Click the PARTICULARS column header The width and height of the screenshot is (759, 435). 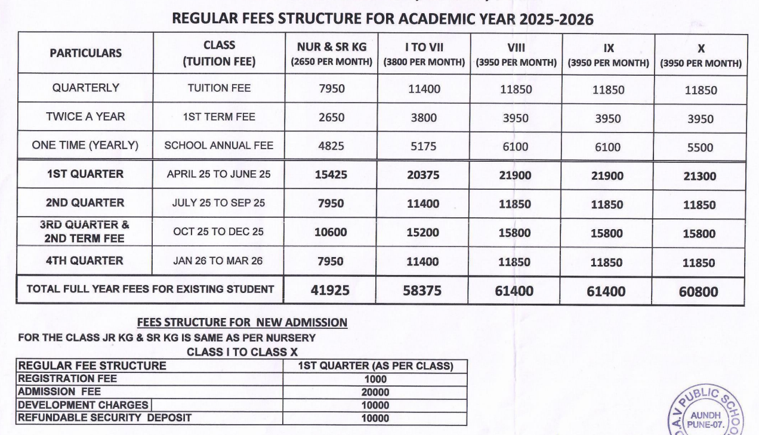pyautogui.click(x=85, y=53)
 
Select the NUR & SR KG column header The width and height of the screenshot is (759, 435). pyautogui.click(x=331, y=53)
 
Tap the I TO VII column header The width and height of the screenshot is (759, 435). pyautogui.click(x=424, y=53)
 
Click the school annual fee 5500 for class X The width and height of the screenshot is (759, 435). pyautogui.click(x=701, y=148)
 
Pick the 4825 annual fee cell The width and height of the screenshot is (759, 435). pyautogui.click(x=331, y=147)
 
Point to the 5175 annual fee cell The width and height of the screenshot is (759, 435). pyautogui.click(x=423, y=147)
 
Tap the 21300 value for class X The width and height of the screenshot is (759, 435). pyautogui.click(x=701, y=176)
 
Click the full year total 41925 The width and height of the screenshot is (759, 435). pyautogui.click(x=331, y=291)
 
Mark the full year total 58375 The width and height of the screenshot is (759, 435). pyautogui.click(x=422, y=291)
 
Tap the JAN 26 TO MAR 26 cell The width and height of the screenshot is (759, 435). pyautogui.click(x=218, y=261)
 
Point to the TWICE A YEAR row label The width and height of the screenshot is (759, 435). pyautogui.click(x=85, y=117)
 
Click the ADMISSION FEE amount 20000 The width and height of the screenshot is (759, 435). pyautogui.click(x=375, y=392)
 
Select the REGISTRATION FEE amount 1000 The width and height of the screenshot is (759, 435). pyautogui.click(x=375, y=379)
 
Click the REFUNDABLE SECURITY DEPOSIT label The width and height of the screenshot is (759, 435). pyautogui.click(x=104, y=418)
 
